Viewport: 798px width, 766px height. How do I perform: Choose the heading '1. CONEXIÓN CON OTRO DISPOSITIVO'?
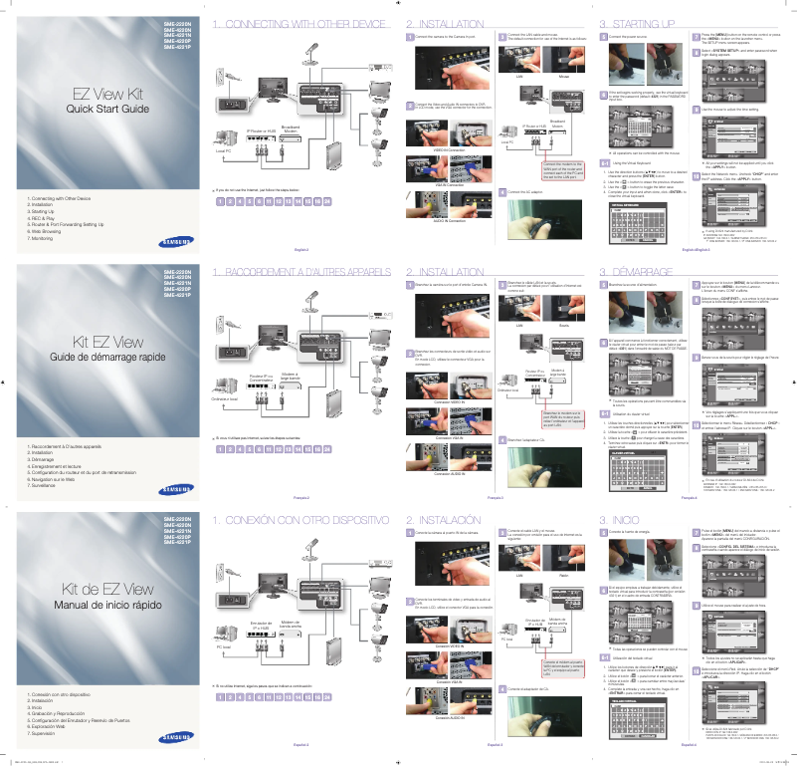[299, 520]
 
